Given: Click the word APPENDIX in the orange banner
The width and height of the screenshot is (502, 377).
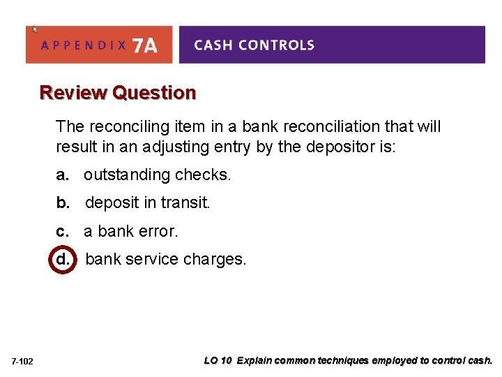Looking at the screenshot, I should click(x=84, y=46).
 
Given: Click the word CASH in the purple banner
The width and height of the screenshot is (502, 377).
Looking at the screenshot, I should click(x=212, y=45).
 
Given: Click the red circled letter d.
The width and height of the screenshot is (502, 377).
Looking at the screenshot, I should click(x=63, y=259).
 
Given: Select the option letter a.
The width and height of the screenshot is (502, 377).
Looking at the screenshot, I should click(x=63, y=175).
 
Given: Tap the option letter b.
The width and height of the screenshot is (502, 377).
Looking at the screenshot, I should click(x=63, y=202).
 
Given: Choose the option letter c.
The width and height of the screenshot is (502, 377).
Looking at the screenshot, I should click(x=63, y=231).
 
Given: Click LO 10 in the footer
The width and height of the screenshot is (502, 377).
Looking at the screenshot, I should click(x=218, y=361).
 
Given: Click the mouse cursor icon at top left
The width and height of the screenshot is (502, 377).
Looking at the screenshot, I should click(x=36, y=29).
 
